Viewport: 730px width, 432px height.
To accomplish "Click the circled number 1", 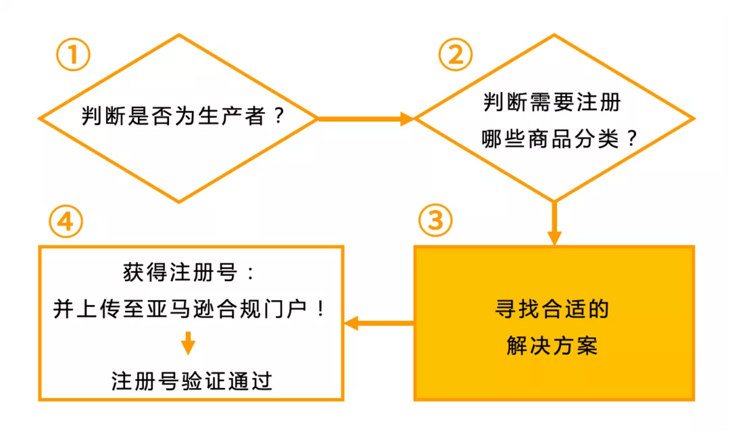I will [x=72, y=56].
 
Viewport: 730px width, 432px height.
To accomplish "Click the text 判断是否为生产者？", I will [x=182, y=117].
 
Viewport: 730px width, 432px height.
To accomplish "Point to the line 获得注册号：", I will [x=189, y=273].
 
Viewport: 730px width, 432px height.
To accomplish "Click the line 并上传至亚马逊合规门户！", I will [x=189, y=310].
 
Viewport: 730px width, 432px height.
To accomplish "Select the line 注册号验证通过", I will [x=191, y=381].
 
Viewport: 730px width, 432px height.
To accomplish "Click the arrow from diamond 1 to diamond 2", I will [x=365, y=119].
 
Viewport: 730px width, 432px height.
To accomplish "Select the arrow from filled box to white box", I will [x=379, y=324].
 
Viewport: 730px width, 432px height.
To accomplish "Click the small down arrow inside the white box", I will [x=189, y=344].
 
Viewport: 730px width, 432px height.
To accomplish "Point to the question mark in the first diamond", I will [x=278, y=117].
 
